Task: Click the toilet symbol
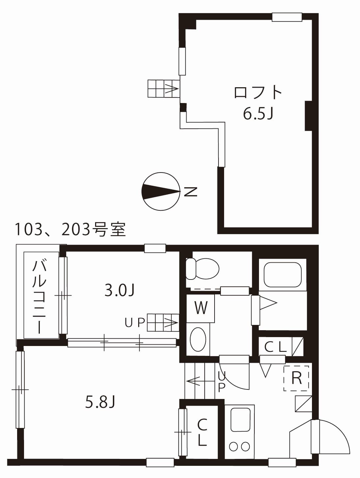[x=202, y=269]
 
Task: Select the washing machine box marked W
[x=201, y=308]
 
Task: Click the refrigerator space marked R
[x=296, y=378]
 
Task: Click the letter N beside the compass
[x=190, y=191]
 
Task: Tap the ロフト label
[x=258, y=93]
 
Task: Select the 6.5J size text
[x=258, y=114]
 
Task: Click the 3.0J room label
[x=119, y=290]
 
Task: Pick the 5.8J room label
[x=100, y=402]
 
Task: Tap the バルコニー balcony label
[x=39, y=296]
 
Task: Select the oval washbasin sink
[x=198, y=339]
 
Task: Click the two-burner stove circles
[x=240, y=446]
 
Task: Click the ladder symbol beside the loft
[x=163, y=89]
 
